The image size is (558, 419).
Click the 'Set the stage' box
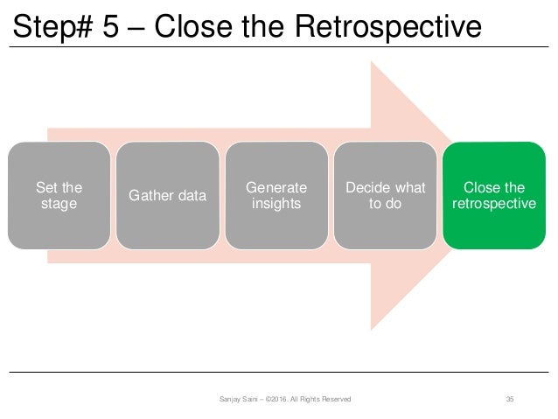pyautogui.click(x=59, y=196)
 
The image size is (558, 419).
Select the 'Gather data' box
pyautogui.click(x=168, y=196)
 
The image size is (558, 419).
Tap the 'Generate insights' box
pyautogui.click(x=277, y=196)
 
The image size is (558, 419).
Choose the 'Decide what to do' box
pyautogui.click(x=386, y=196)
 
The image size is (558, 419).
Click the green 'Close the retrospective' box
pyautogui.click(x=495, y=196)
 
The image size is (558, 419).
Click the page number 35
pyautogui.click(x=510, y=400)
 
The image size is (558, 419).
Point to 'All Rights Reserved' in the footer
pyautogui.click(x=323, y=400)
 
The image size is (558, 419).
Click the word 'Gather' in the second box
pyautogui.click(x=150, y=196)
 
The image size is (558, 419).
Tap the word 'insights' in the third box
pyautogui.click(x=277, y=204)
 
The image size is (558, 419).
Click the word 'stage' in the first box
pyautogui.click(x=59, y=204)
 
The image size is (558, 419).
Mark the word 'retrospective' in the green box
pyautogui.click(x=495, y=204)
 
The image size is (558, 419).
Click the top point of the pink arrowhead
pyautogui.click(x=373, y=63)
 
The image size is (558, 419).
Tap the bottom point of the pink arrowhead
pyautogui.click(x=373, y=329)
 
